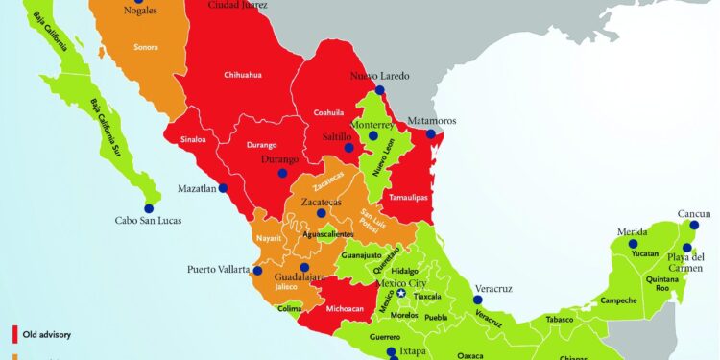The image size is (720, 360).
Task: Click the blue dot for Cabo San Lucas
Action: (150, 207)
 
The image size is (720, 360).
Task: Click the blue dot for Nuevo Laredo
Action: (380, 90)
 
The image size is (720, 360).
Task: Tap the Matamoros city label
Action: (431, 121)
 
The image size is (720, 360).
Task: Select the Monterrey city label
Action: (373, 125)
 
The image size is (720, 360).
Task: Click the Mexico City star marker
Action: (402, 294)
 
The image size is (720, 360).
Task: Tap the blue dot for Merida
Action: (633, 244)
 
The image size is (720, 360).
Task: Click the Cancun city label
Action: (693, 214)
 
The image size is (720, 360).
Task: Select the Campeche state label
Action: (619, 300)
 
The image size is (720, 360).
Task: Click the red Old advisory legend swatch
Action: (15, 334)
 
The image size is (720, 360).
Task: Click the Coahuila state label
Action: (328, 112)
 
